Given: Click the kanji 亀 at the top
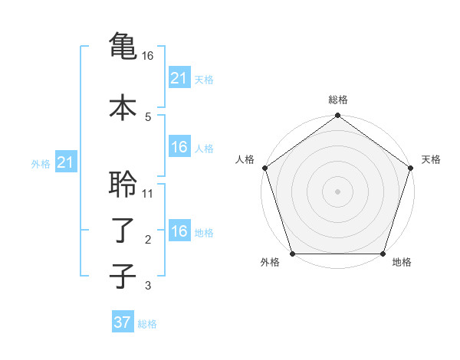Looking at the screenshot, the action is [123, 44].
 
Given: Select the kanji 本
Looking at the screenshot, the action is [123, 106].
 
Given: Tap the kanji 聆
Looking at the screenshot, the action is [123, 184].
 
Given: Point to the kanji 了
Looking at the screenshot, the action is [123, 230].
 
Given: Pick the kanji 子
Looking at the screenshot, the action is [123, 276].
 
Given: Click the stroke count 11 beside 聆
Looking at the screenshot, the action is [148, 193].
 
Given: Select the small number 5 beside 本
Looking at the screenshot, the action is [148, 116].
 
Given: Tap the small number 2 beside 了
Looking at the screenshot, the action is [148, 240].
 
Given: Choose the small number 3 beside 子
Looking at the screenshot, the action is [148, 286].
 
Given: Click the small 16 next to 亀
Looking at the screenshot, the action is [148, 55].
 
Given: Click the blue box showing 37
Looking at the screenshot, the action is [123, 322].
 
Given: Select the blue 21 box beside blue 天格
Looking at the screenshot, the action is [179, 77].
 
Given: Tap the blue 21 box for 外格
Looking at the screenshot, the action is [65, 162].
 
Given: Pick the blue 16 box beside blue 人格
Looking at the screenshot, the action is [179, 147].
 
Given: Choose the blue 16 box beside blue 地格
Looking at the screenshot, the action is [179, 231].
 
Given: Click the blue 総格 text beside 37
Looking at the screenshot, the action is [147, 324].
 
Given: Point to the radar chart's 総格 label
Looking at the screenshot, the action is [337, 100].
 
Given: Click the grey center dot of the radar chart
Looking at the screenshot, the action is [337, 191].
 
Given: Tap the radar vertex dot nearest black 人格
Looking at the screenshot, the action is [264, 168].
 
